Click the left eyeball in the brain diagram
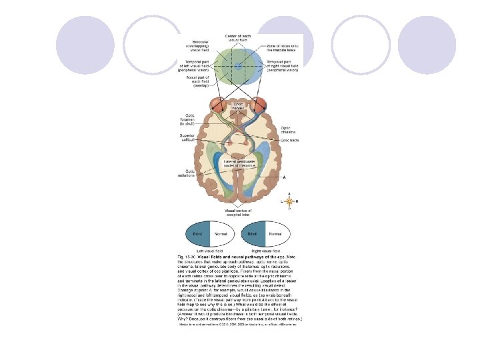point(218,105)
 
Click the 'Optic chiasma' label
point(286,130)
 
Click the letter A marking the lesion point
point(285,177)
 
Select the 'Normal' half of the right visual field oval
point(275,235)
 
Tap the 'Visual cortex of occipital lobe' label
point(239,213)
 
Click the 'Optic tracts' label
point(289,141)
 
